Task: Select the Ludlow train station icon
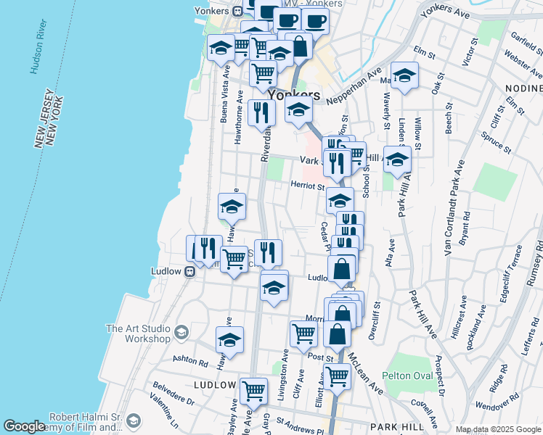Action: click(x=189, y=272)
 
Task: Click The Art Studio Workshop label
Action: click(x=139, y=333)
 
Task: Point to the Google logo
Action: click(x=23, y=426)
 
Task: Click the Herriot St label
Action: click(x=308, y=186)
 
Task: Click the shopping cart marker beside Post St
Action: click(x=303, y=333)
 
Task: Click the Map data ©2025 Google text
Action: click(x=497, y=429)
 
